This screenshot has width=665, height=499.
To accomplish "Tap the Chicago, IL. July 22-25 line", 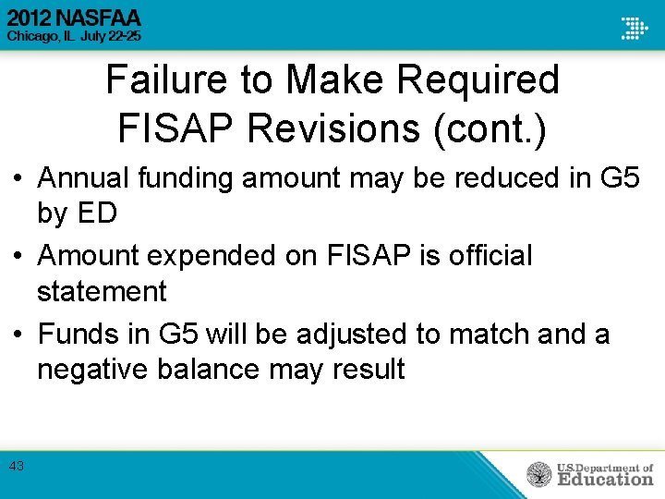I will (75, 35).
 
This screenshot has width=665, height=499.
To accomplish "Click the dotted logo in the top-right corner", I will (634, 28).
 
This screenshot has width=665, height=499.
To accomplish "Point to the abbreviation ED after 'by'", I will (96, 213).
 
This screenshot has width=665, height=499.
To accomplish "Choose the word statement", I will (102, 291).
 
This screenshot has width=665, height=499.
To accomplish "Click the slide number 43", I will (17, 467).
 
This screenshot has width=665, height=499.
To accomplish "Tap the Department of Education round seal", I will (539, 475).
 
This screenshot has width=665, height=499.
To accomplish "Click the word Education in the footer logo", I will (605, 479).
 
